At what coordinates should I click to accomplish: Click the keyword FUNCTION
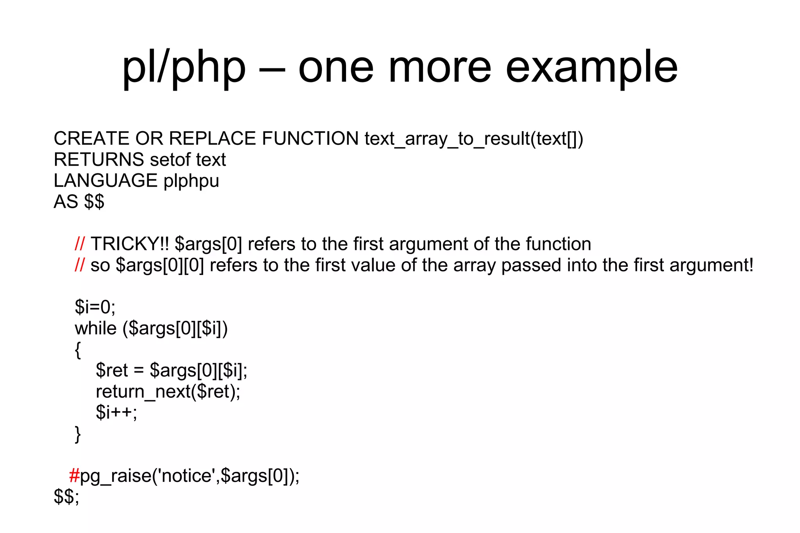click(310, 139)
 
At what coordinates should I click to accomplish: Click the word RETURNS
click(99, 160)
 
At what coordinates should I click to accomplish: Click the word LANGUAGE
click(105, 181)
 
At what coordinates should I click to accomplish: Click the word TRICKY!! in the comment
click(130, 244)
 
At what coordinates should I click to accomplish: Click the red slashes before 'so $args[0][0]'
click(79, 266)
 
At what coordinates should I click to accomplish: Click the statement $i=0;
click(95, 307)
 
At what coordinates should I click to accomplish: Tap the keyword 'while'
click(95, 328)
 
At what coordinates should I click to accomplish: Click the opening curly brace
click(78, 350)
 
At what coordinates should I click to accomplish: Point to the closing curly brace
click(78, 434)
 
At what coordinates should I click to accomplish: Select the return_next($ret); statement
click(168, 392)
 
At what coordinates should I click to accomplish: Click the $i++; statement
click(116, 413)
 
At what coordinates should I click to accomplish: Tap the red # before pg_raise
click(74, 476)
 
